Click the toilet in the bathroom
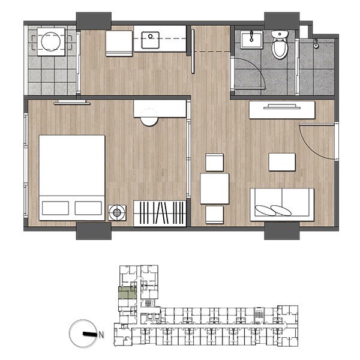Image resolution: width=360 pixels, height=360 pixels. pos(280,45)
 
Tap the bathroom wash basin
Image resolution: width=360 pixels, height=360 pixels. pos(251,40)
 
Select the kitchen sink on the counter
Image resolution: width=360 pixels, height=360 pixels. pos(150,40)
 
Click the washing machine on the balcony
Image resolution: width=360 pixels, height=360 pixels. pos(51,42)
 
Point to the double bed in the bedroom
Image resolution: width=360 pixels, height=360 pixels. pos(72,178)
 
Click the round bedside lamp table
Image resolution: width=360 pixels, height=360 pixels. pos(117,212)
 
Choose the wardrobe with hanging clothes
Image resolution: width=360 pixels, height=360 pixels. pos(160,213)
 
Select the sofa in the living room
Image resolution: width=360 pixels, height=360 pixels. pos(282,205)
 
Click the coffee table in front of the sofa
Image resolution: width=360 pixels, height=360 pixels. pos(282,162)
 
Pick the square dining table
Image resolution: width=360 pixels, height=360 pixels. pos(214,188)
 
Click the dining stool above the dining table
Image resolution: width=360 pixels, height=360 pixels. pos(214,163)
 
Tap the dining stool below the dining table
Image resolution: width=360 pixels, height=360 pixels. pos(214,215)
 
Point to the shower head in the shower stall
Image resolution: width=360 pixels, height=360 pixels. pos(316,44)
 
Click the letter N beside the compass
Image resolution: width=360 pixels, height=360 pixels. pos(101,335)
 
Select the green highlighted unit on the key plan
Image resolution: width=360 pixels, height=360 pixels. pos(127,293)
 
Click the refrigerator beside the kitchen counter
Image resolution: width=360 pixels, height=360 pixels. pos(119,43)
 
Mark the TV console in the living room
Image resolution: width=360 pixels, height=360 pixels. pos(282,110)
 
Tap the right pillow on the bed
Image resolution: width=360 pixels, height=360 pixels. pos(88,208)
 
